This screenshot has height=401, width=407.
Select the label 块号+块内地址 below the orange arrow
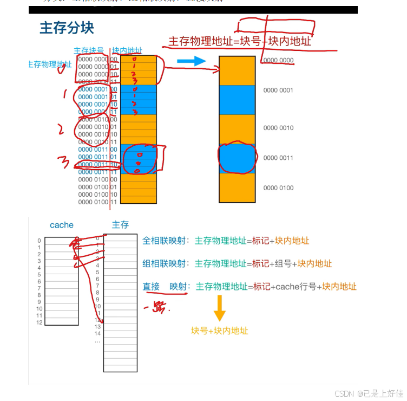[219, 330]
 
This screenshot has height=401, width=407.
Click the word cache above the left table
[61, 225]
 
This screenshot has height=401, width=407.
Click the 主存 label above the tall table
[120, 224]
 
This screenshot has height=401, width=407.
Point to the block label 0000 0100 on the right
[278, 188]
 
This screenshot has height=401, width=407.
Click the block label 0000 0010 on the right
[278, 128]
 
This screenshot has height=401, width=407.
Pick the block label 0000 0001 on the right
[278, 90]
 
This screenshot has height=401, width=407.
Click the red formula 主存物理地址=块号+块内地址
[240, 41]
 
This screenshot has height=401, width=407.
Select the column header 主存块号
[89, 50]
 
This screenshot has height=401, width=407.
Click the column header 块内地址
[127, 50]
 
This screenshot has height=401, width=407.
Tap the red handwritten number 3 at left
[64, 161]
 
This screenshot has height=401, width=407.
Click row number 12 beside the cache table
[39, 322]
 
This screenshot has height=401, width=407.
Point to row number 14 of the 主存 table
[97, 334]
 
